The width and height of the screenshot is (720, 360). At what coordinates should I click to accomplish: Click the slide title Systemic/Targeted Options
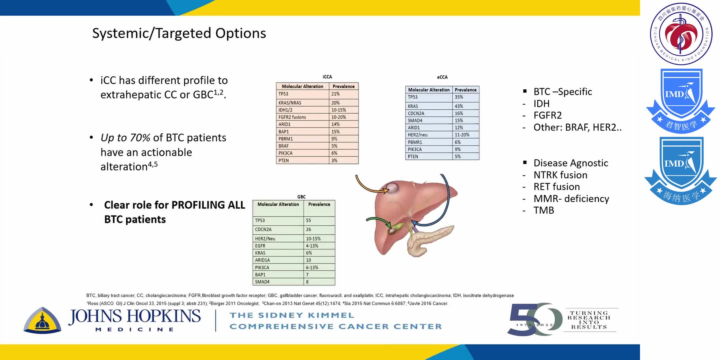(179, 33)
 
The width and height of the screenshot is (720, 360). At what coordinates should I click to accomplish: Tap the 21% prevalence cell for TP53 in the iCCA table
(335, 94)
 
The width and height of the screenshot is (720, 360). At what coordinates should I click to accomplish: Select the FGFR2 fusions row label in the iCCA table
(292, 117)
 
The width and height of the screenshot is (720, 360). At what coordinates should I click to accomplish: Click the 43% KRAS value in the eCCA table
(459, 106)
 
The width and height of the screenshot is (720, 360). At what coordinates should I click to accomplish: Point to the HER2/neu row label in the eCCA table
(417, 135)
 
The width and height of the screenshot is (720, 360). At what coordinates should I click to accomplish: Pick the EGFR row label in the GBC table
(260, 246)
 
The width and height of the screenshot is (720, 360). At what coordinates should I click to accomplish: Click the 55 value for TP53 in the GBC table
(308, 220)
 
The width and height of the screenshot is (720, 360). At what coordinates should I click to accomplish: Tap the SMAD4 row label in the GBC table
(262, 282)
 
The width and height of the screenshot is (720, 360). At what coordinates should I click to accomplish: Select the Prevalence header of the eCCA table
(465, 90)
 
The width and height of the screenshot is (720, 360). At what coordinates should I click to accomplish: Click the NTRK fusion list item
(560, 175)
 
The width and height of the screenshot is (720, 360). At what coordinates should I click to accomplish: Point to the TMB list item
(544, 210)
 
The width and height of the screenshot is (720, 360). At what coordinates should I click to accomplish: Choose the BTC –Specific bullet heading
(563, 92)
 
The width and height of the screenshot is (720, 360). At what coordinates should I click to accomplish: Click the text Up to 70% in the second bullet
(125, 138)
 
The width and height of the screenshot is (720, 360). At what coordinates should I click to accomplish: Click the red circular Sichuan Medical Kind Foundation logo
(681, 34)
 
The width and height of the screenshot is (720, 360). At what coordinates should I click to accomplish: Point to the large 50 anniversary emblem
(533, 319)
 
